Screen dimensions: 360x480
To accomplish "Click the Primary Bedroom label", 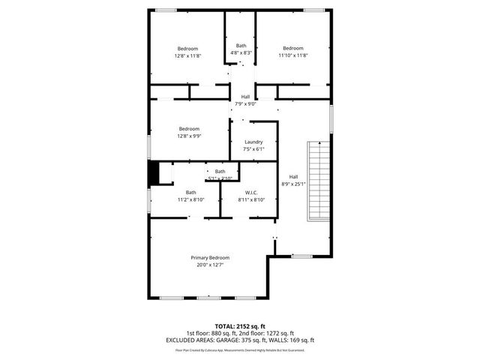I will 209,257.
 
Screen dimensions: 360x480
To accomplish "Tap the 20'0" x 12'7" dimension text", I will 209,265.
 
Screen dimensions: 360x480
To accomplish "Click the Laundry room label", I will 253,142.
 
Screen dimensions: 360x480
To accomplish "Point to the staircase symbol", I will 318,181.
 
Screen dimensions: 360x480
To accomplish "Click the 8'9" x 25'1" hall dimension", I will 293,184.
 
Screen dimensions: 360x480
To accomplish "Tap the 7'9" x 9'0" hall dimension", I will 245,103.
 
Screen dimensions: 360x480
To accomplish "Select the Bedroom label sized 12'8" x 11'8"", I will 187,49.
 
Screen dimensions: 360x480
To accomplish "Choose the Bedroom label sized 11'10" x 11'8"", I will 292,49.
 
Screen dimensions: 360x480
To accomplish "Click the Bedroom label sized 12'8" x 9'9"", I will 189,128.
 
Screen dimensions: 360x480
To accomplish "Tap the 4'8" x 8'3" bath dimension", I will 241,52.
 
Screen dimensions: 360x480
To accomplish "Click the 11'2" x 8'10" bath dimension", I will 191,199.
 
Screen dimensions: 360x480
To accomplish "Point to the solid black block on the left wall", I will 153,172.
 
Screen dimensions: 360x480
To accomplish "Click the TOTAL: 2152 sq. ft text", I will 239,327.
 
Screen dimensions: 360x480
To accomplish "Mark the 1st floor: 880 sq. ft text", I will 212,333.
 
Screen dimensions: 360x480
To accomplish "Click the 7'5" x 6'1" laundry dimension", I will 253,149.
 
